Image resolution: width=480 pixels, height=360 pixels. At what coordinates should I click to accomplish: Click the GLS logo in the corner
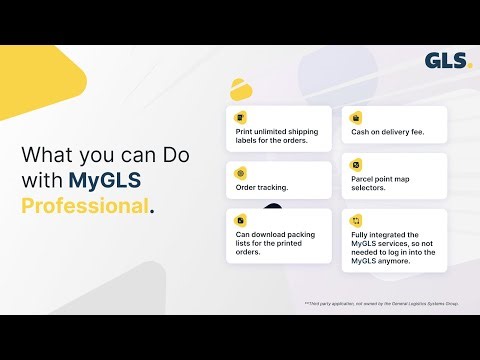click(444, 61)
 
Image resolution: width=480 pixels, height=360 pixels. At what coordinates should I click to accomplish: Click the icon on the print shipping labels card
click(240, 118)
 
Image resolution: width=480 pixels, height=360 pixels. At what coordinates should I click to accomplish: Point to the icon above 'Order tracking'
click(240, 172)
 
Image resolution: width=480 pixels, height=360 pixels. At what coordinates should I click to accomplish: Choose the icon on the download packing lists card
click(240, 219)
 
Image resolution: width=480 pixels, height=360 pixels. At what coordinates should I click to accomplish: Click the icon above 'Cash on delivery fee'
click(355, 118)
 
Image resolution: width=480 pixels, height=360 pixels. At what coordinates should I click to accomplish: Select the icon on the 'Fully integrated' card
click(355, 219)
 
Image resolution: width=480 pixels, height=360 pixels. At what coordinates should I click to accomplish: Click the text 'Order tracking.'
click(262, 187)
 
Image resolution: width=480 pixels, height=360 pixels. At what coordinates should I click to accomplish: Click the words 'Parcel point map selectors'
click(385, 185)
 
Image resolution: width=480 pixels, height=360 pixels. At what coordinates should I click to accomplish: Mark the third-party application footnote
click(381, 303)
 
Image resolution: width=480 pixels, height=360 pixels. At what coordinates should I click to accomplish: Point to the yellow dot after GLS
click(468, 67)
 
